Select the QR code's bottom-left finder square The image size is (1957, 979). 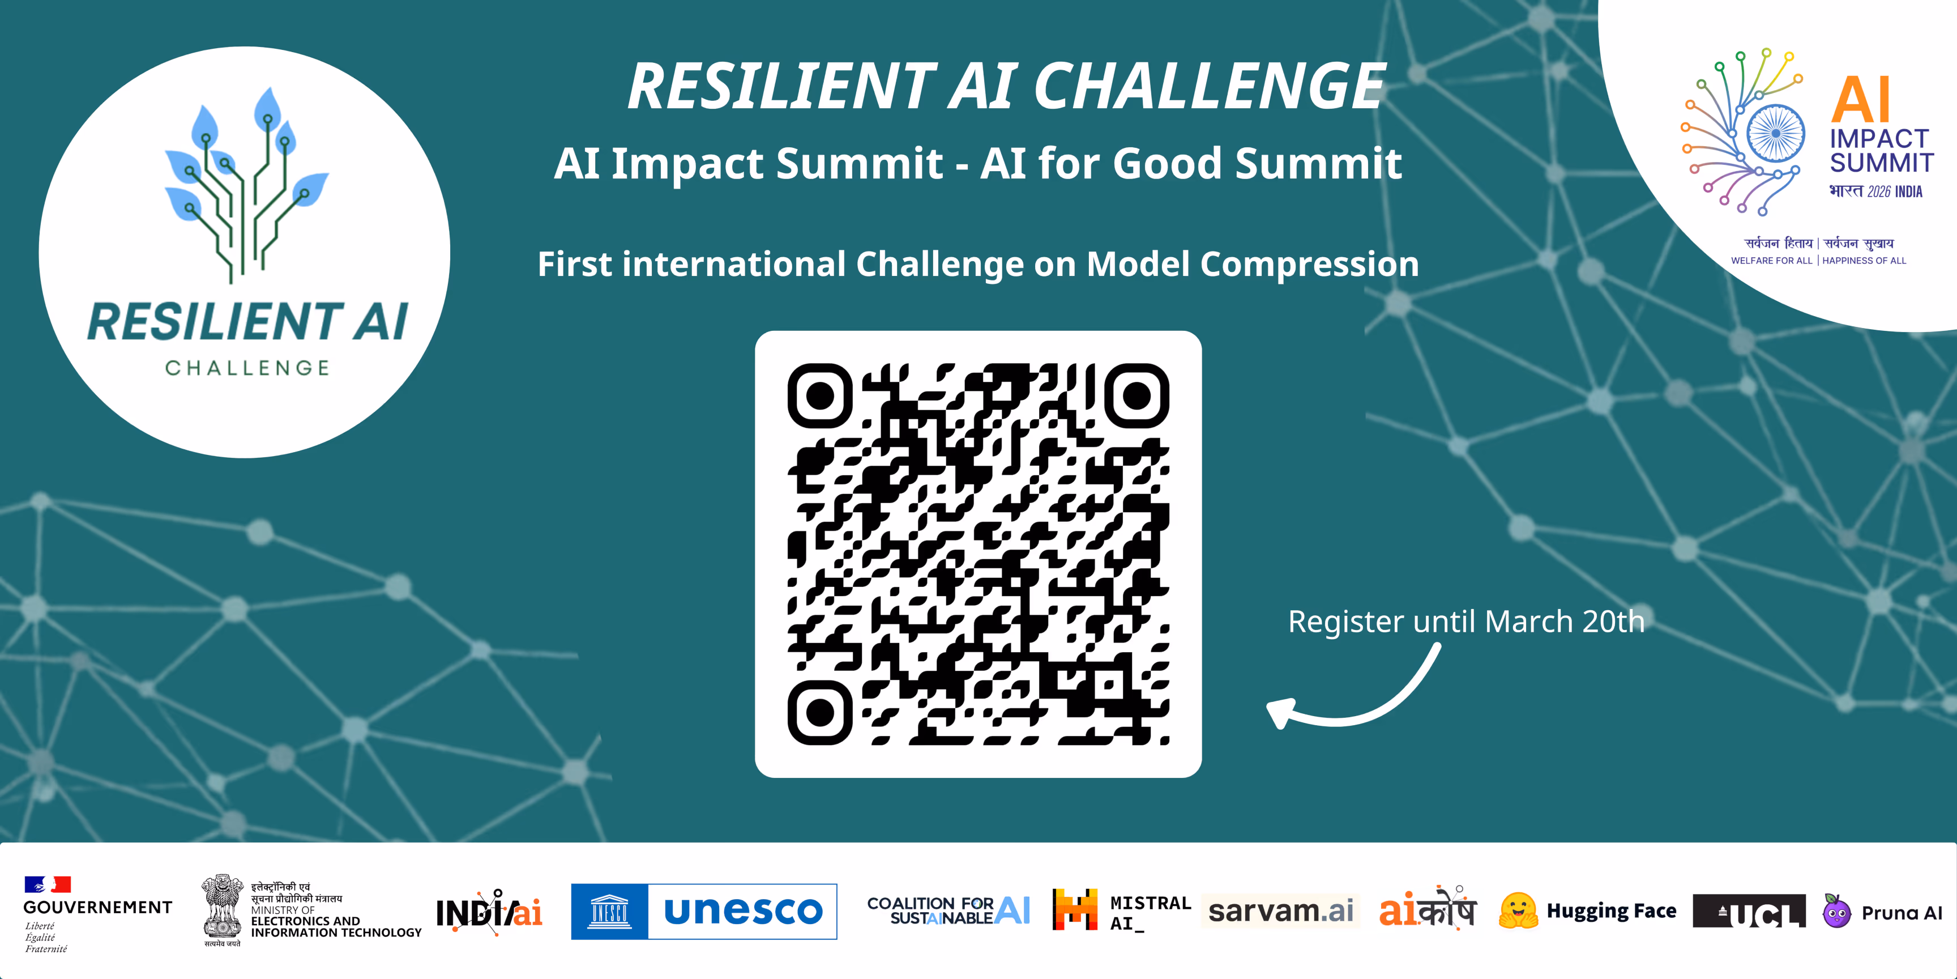(x=820, y=712)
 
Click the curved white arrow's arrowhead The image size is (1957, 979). (x=1281, y=712)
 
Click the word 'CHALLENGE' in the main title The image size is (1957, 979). (x=1210, y=86)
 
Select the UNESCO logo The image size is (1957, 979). (x=703, y=912)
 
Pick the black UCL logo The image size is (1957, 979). (x=1749, y=912)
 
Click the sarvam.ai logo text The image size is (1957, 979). (x=1281, y=910)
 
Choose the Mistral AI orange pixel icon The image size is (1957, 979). (x=1075, y=909)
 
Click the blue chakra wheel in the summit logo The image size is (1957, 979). (x=1775, y=133)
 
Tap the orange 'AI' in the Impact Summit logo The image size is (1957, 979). (x=1861, y=100)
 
